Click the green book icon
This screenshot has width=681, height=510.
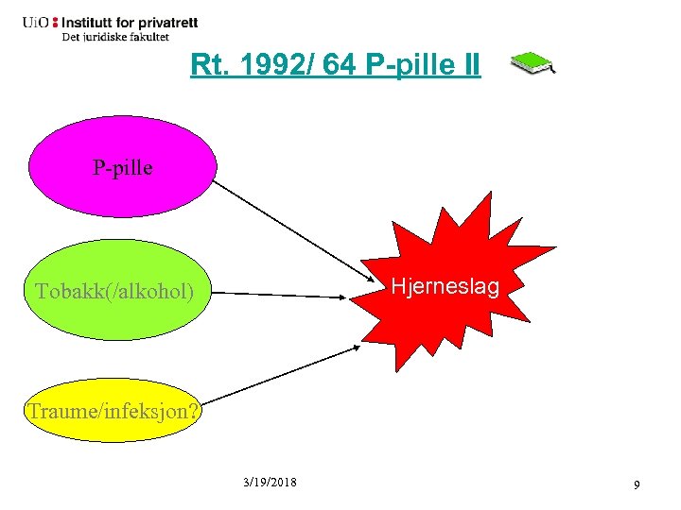click(532, 63)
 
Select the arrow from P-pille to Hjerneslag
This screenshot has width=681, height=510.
click(293, 232)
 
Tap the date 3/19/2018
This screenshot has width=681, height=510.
click(270, 483)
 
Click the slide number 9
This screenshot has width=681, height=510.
click(637, 484)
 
